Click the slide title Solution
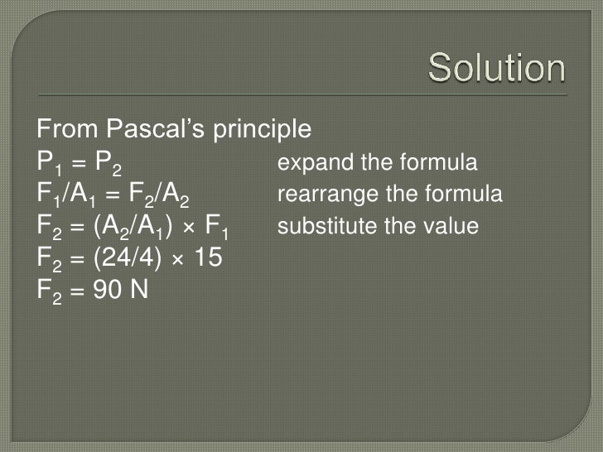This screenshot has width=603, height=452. pyautogui.click(x=497, y=70)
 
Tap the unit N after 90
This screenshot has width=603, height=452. pyautogui.click(x=137, y=291)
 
